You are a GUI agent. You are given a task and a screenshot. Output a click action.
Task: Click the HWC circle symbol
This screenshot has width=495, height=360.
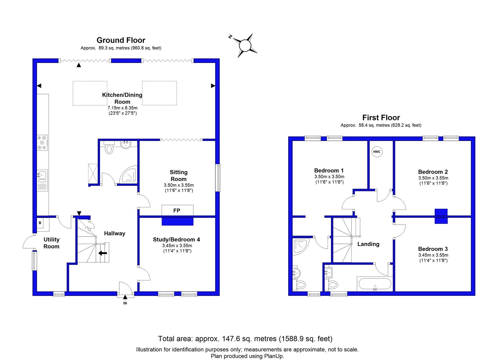(x=377, y=152)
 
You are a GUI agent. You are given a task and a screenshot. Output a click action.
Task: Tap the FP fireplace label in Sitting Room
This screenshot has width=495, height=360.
(x=177, y=211)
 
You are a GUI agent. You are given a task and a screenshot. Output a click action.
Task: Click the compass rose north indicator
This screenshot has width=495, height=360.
(x=230, y=37)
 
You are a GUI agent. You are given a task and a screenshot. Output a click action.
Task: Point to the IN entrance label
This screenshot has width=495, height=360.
(x=125, y=303)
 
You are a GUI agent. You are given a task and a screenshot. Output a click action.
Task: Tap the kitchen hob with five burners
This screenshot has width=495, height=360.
(x=42, y=143)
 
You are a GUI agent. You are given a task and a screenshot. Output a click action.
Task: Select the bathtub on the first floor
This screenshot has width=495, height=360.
(x=375, y=284)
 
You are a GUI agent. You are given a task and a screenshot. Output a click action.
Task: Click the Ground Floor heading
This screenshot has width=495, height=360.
(x=121, y=40)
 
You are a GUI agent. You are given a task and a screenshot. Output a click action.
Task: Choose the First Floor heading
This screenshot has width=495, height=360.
(x=381, y=118)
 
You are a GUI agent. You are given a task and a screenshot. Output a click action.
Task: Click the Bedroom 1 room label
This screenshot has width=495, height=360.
(x=329, y=171)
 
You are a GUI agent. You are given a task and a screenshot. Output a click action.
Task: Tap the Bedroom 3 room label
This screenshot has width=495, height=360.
(x=433, y=249)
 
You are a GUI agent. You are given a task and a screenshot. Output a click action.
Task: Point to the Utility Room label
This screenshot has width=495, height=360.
(x=51, y=243)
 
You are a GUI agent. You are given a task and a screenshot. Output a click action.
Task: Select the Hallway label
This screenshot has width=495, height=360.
(x=114, y=233)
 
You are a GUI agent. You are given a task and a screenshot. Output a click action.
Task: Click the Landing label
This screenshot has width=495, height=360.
(x=368, y=244)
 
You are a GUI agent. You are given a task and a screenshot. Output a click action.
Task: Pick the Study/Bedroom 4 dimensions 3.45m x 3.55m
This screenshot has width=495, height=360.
(x=177, y=246)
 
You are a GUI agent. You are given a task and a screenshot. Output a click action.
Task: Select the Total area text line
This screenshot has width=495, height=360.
(x=245, y=339)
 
